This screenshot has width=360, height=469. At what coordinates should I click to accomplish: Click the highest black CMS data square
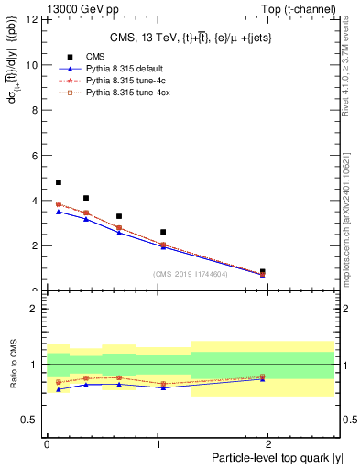point(59,182)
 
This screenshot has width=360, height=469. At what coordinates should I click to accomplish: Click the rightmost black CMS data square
point(263,272)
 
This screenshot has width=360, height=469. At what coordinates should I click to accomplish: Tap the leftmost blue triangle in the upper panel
point(59,212)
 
